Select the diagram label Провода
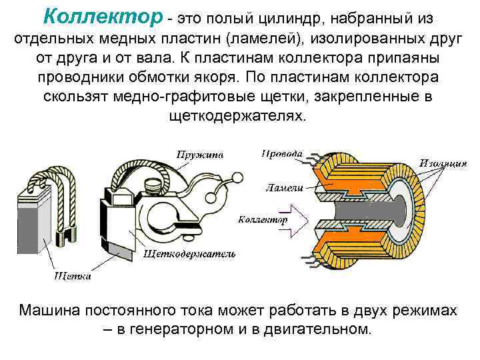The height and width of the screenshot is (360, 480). [x=281, y=153]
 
